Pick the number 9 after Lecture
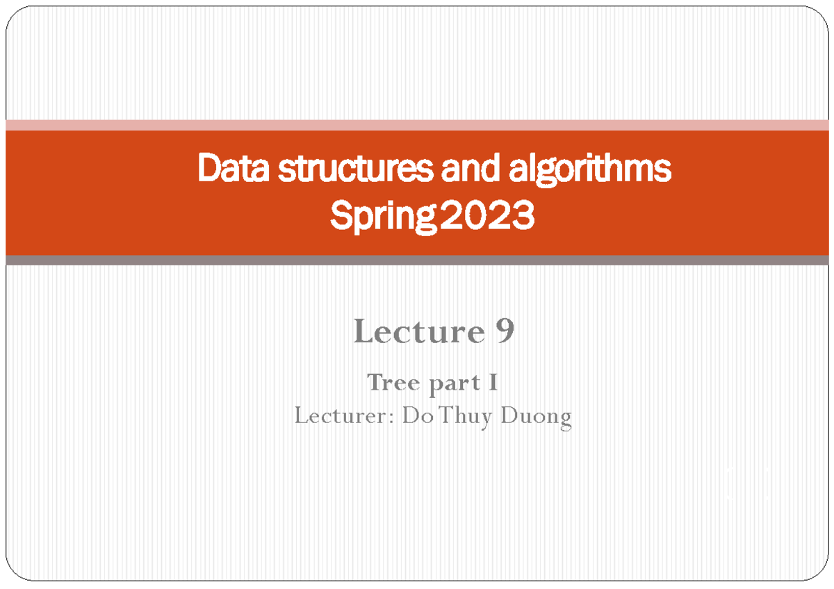point(505,332)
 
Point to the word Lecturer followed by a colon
point(338,417)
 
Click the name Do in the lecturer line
point(414,417)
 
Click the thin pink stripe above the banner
point(417,125)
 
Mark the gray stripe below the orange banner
point(417,260)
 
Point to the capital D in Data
point(207,170)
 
